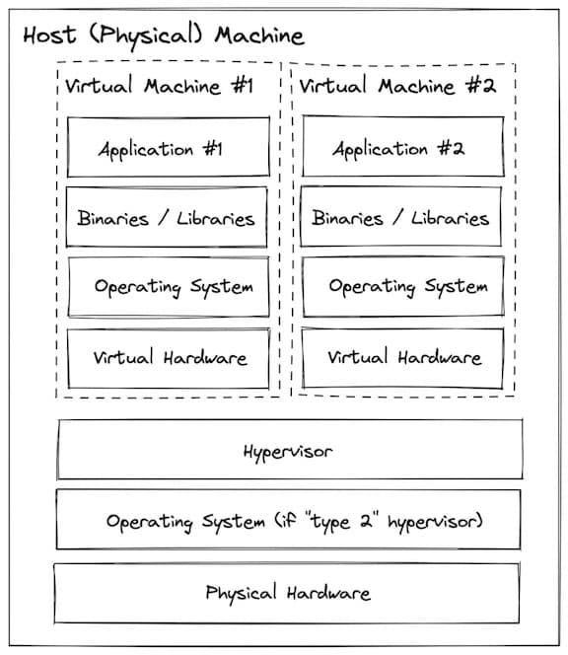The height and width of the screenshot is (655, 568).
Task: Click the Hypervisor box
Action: [290, 450]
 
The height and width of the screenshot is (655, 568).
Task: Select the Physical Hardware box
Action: [287, 593]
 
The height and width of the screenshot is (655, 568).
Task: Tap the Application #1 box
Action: [169, 147]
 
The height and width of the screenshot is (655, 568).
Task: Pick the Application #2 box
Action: [403, 146]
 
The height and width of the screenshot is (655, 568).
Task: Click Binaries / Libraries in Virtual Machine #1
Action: [167, 217]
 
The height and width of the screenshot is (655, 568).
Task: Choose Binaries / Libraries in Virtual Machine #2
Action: [401, 216]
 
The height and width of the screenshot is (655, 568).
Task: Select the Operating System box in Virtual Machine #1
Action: [169, 287]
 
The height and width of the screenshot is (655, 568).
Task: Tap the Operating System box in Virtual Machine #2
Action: [403, 286]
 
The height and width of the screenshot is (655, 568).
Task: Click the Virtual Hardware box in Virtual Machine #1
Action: [169, 358]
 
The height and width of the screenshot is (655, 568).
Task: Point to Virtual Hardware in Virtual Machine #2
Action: [402, 358]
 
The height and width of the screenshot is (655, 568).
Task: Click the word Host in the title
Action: [49, 35]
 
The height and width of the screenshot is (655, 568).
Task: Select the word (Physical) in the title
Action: [146, 36]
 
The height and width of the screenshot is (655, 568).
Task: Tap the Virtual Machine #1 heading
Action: [159, 86]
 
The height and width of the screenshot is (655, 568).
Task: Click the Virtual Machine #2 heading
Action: [397, 86]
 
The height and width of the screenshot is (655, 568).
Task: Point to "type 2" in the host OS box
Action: [342, 522]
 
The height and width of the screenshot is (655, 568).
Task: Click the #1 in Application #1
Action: [212, 149]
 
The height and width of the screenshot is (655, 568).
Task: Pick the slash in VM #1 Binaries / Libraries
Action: [163, 218]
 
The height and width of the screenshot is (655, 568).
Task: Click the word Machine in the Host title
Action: [259, 36]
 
